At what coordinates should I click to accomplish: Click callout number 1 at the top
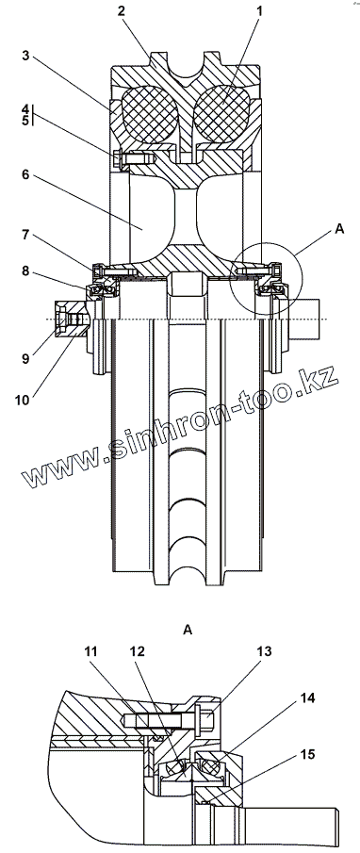(259, 11)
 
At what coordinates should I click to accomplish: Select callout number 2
(122, 11)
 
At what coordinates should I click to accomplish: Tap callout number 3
(25, 56)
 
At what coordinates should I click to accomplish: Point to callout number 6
(25, 175)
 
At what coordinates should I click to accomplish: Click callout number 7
(25, 236)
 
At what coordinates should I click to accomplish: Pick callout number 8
(25, 271)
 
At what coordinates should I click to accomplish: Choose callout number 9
(25, 358)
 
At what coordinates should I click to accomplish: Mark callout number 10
(23, 400)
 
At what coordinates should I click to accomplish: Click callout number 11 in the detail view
(91, 651)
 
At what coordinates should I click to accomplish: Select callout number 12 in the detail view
(138, 651)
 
